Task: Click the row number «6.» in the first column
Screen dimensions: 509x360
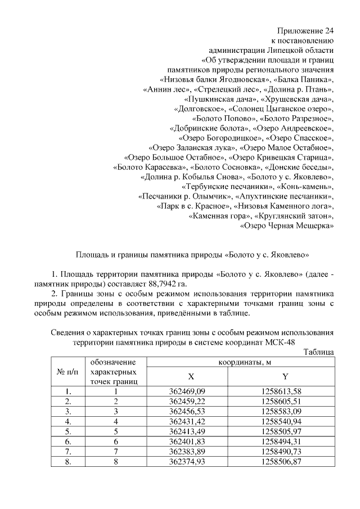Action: [67, 442]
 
